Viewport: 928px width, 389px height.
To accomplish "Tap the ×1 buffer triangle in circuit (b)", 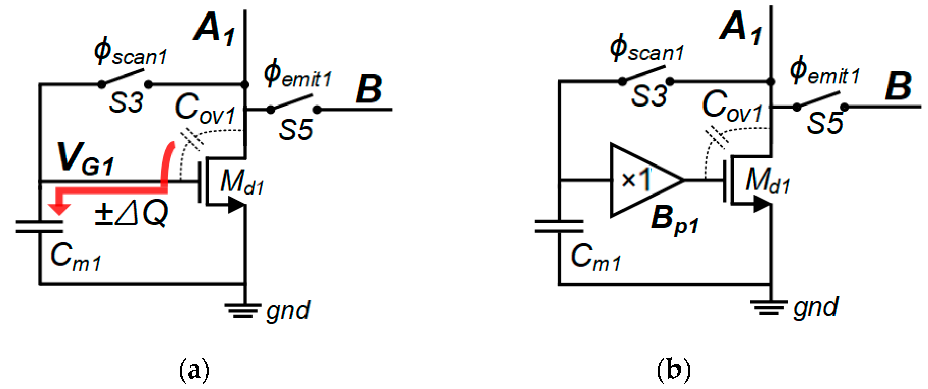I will click(639, 180).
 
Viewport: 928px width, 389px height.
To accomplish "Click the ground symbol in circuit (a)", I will click(243, 310).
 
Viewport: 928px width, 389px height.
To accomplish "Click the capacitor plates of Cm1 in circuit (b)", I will click(558, 226).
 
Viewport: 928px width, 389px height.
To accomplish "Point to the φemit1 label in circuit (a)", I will click(297, 74).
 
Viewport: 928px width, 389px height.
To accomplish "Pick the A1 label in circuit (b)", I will click(740, 27).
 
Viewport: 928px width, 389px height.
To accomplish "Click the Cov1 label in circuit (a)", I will click(205, 108).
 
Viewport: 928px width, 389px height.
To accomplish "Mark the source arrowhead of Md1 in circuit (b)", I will click(762, 204).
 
